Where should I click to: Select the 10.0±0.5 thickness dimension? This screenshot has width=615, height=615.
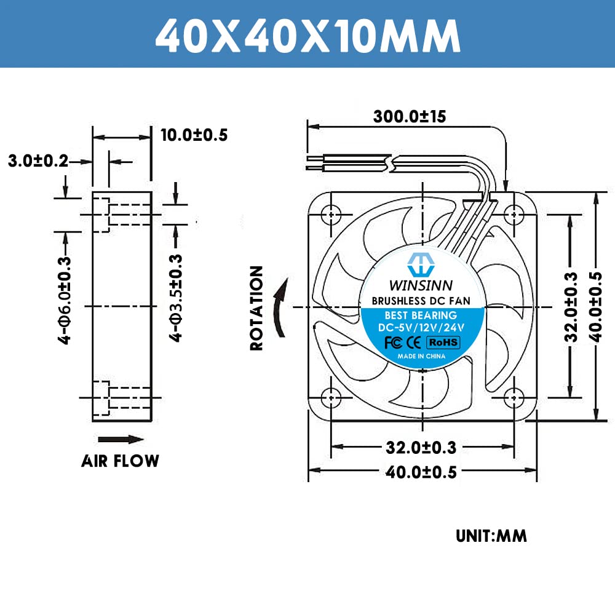click(194, 135)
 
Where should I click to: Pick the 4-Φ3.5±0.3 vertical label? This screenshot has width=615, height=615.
click(176, 298)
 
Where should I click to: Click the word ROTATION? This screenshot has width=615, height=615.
click(256, 307)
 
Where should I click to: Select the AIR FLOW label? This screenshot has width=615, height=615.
click(120, 461)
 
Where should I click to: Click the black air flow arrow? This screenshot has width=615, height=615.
click(121, 439)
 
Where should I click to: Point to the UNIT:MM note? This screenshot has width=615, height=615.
click(491, 536)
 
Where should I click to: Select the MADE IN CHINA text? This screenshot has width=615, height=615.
click(422, 356)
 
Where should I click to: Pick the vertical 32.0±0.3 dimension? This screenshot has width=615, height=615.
click(571, 306)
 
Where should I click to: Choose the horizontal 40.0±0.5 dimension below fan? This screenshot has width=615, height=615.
click(421, 472)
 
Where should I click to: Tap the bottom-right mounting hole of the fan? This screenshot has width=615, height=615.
click(513, 397)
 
